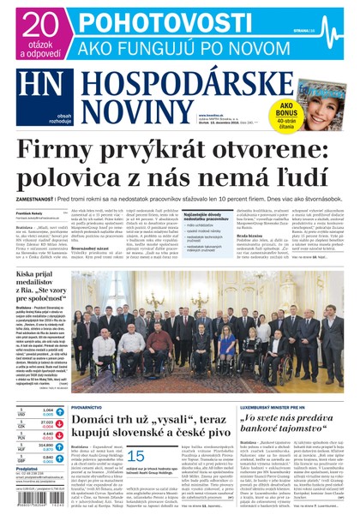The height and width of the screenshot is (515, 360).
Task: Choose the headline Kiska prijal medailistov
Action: (39, 282)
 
